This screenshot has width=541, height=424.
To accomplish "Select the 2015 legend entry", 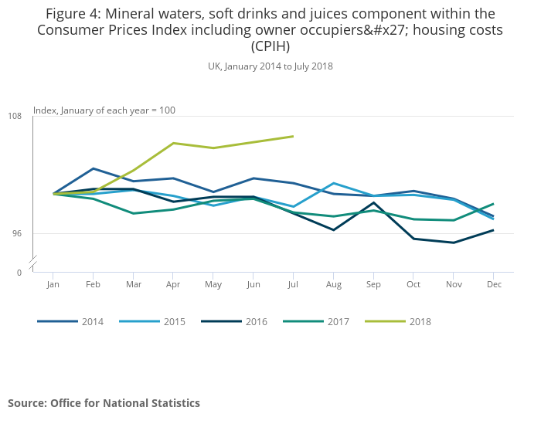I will (x=174, y=321).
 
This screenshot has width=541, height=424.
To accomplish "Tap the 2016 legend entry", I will (x=256, y=321).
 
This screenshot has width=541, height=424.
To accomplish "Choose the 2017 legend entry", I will (x=338, y=321).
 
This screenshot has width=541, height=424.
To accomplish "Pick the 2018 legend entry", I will (x=420, y=321).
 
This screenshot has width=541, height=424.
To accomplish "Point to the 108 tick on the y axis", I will (x=15, y=116).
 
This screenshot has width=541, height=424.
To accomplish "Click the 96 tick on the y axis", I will (x=17, y=233).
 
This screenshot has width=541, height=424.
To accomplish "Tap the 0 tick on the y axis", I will (x=19, y=273).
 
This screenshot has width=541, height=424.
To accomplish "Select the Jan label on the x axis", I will (x=53, y=285).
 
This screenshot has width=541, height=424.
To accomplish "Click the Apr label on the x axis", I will (x=172, y=285).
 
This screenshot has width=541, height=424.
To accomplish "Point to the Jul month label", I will (x=293, y=285).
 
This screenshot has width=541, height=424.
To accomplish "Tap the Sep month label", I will (x=373, y=285).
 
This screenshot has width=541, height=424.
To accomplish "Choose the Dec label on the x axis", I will (x=494, y=285).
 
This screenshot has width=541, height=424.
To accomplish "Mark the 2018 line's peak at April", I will (x=173, y=143).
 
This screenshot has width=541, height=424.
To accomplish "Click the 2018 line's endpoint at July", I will (x=293, y=136).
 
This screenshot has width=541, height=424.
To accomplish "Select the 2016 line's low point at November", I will (x=454, y=243).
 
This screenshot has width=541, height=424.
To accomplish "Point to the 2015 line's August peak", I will (x=333, y=183).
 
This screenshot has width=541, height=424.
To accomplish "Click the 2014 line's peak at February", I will (x=93, y=168).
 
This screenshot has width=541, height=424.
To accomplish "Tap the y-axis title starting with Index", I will (x=104, y=110).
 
